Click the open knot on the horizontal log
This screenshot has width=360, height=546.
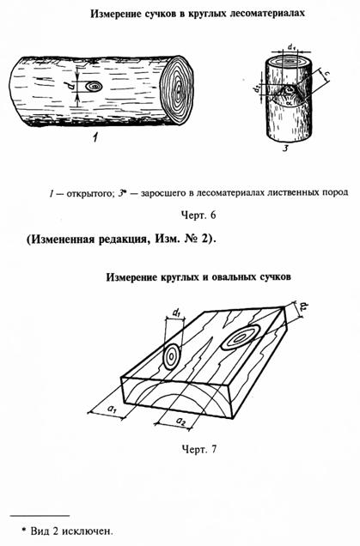pyautogui.click(x=94, y=86)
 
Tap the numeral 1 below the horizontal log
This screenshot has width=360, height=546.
pyautogui.click(x=95, y=138)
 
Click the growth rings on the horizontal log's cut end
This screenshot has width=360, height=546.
pyautogui.click(x=178, y=90)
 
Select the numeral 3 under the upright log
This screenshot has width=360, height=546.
pyautogui.click(x=285, y=149)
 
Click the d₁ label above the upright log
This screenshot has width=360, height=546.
pyautogui.click(x=291, y=46)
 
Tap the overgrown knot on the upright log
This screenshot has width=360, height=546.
pyautogui.click(x=289, y=90)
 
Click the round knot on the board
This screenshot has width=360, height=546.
pyautogui.click(x=172, y=356)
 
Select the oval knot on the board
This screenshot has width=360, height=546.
pyautogui.click(x=240, y=337)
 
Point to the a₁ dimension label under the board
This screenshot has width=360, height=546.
pyautogui.click(x=113, y=409)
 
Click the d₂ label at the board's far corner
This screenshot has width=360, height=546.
pyautogui.click(x=303, y=306)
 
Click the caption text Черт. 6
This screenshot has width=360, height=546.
pyautogui.click(x=198, y=215)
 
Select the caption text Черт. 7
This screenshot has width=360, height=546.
pyautogui.click(x=199, y=449)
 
